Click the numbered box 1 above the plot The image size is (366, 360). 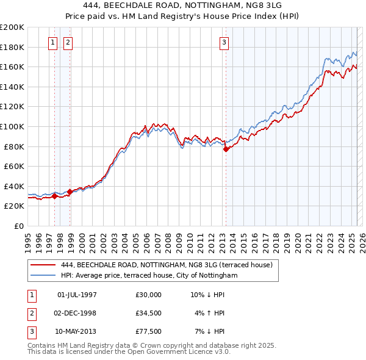52,42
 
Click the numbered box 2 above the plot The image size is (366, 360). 67,42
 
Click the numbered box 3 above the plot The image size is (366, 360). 224,42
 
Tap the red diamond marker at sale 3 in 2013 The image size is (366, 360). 226,149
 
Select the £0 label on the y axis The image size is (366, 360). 18,226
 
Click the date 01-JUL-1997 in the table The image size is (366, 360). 77,295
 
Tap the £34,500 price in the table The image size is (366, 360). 149,313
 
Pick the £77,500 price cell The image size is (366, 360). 149,331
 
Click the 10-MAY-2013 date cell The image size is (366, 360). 77,331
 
